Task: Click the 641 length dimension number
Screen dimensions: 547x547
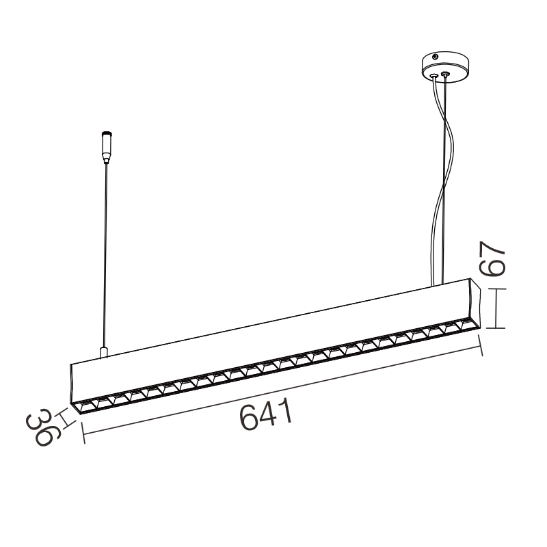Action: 266,414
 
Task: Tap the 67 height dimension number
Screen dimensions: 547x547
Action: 492,258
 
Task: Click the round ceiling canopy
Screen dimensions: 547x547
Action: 445,67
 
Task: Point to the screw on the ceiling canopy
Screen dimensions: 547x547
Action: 435,56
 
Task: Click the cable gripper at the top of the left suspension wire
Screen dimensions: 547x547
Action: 107,147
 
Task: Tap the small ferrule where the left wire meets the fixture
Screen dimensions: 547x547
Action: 104,352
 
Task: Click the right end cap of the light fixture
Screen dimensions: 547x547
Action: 475,303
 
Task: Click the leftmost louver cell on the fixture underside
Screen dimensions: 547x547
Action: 84,406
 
